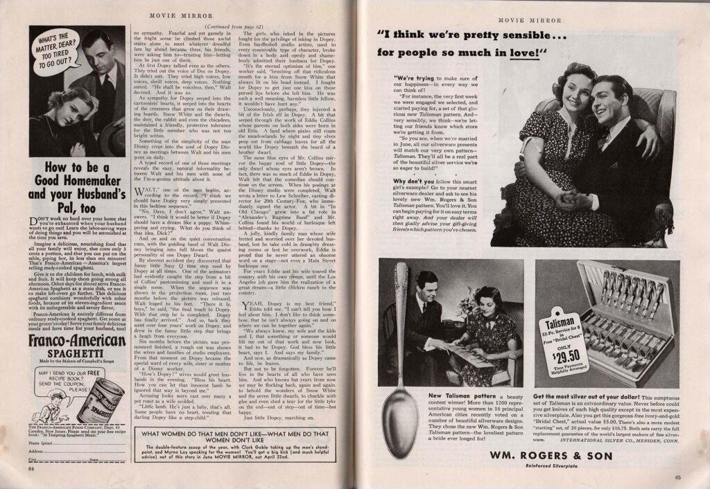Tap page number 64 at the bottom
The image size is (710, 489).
[x=31, y=468]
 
